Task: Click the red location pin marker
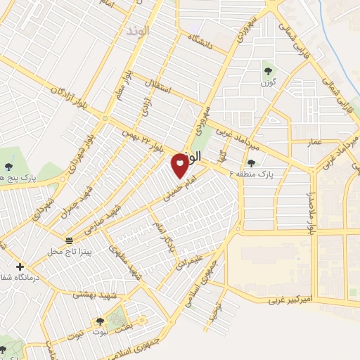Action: [x=180, y=165]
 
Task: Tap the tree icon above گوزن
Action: [x=268, y=70]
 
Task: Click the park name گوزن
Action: [x=268, y=82]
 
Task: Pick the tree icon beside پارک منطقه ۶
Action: [x=251, y=162]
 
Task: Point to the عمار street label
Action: [x=314, y=143]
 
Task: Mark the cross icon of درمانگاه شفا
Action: [x=20, y=266]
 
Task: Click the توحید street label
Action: [x=215, y=314]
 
